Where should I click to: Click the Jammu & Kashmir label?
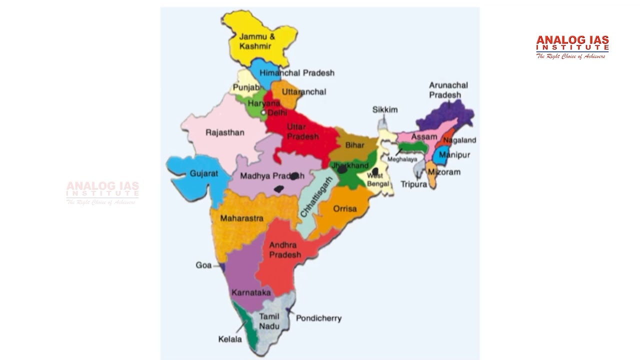tap(257, 41)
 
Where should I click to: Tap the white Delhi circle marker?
tap(263, 112)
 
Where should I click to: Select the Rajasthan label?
tap(225, 132)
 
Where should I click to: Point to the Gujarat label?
tap(204, 174)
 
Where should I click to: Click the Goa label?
tap(203, 265)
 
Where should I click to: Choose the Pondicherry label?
tap(318, 318)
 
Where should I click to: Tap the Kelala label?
tap(230, 339)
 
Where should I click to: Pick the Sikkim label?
tap(385, 109)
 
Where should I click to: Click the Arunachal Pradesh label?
tap(448, 90)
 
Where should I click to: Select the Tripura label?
tap(414, 184)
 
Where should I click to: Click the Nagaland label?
tap(459, 140)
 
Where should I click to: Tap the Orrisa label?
tap(345, 208)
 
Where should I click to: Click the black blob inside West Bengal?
tap(375, 171)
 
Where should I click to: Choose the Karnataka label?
tap(251, 292)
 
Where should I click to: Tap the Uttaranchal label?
tap(304, 91)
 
